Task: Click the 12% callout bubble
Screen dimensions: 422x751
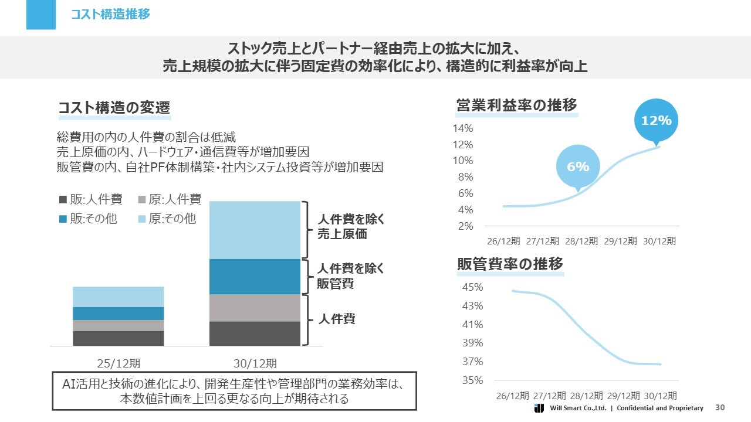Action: pos(656,121)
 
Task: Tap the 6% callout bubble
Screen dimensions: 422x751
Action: pos(578,167)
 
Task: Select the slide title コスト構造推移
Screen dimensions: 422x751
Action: pos(110,14)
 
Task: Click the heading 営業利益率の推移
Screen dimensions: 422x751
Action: pos(517,105)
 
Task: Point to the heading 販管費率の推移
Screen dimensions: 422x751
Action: pos(510,264)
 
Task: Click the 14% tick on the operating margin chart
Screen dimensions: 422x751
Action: pos(463,128)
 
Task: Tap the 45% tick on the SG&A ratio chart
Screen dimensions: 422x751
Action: pos(472,287)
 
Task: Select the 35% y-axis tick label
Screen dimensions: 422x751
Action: pos(472,380)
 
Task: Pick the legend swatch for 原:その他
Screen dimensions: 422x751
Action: pos(142,219)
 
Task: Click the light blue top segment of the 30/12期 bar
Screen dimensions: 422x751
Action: pos(255,230)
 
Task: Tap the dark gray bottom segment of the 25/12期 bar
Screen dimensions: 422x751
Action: pos(118,338)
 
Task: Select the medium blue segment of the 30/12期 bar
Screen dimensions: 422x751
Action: pos(255,277)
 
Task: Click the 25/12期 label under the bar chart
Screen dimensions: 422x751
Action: pos(118,363)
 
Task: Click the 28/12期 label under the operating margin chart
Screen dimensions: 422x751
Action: pos(581,241)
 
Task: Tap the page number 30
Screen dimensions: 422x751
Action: pos(720,408)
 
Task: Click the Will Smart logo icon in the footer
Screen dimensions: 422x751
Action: pos(539,408)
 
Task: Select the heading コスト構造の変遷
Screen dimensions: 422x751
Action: pos(114,108)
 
